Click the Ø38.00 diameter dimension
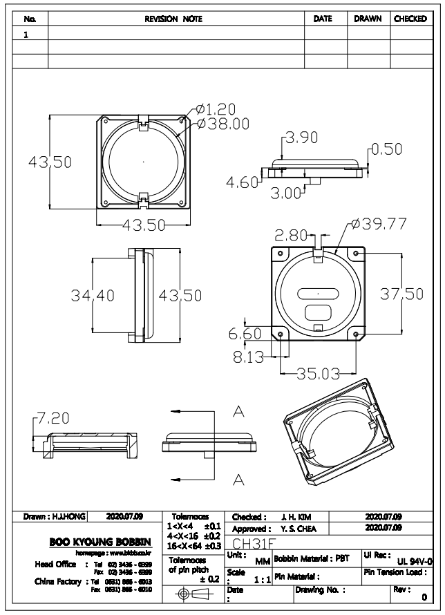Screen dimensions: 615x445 pos(223,123)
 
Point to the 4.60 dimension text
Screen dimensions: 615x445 pos(243,182)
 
